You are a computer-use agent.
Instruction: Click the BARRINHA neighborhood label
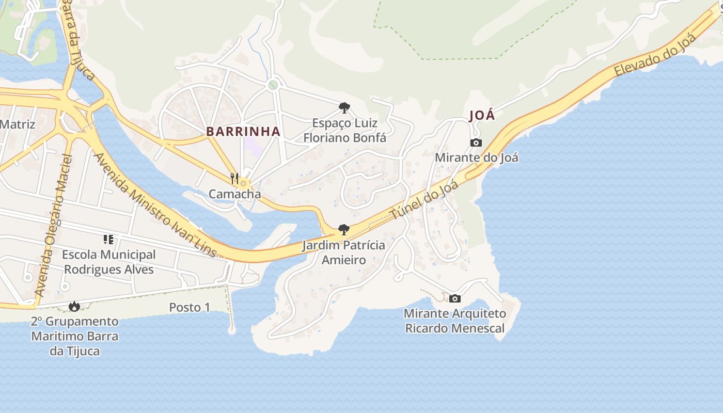tap(243, 131)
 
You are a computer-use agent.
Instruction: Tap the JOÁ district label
tap(482, 115)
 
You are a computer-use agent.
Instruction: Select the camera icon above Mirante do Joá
tap(476, 142)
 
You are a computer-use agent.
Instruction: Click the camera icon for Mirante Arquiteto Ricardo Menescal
tap(455, 298)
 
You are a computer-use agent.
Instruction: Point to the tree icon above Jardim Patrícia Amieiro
tap(343, 230)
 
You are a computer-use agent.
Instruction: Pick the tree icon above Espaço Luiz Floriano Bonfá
tap(344, 108)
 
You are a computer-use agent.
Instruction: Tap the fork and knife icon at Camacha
tap(234, 179)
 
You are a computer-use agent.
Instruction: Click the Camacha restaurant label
tap(234, 194)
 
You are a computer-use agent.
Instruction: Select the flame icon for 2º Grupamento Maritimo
tap(74, 306)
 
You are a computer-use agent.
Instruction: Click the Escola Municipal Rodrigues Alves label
tap(109, 262)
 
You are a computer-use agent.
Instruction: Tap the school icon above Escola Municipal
tap(108, 240)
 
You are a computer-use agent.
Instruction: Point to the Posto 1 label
tap(190, 307)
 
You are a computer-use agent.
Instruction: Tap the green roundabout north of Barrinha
tap(273, 85)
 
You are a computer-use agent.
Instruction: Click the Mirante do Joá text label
tap(476, 157)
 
